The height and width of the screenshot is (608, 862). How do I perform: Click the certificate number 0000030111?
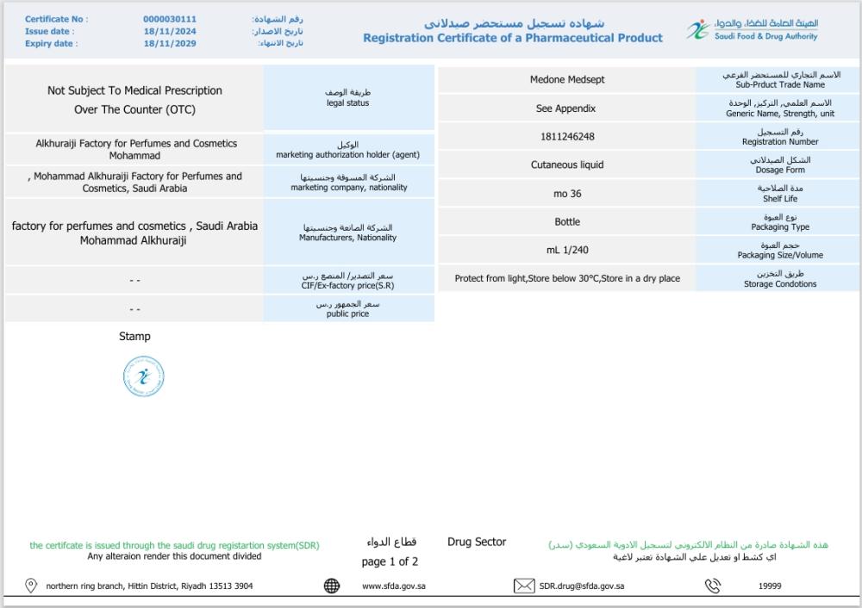170,19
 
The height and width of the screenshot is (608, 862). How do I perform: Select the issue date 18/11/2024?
170,31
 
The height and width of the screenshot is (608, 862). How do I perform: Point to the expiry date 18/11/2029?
170,43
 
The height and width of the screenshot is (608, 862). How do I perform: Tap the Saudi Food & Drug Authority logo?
753,30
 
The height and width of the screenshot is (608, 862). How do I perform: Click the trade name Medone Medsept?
567,80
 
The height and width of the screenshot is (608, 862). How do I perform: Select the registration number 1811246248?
567,137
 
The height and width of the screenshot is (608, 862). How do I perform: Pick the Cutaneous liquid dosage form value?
567,164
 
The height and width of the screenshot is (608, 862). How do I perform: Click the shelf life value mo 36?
567,194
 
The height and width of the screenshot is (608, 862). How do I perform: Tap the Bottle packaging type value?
567,222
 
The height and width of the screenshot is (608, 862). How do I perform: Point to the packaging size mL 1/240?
567,251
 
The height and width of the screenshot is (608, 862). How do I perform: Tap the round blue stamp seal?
143,376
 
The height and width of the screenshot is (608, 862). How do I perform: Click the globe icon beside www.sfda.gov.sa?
332,586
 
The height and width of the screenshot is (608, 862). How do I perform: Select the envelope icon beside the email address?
524,586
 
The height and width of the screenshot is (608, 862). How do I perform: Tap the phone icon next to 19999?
713,586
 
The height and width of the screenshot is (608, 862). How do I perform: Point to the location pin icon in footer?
31,586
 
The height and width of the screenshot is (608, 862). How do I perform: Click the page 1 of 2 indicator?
390,561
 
